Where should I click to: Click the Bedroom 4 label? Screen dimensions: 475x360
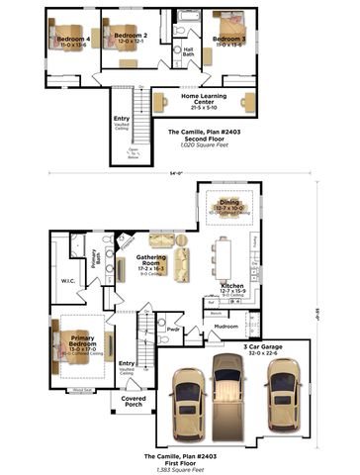74,41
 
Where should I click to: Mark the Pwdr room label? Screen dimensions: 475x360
171,328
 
